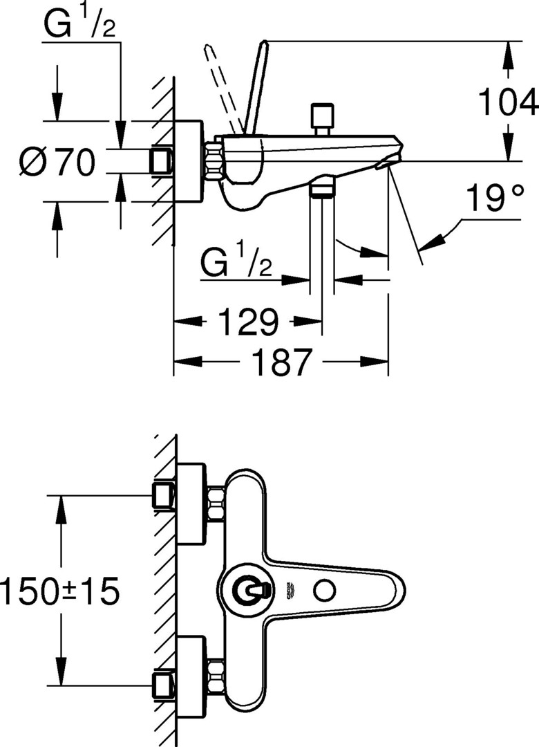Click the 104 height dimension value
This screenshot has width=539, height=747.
507,102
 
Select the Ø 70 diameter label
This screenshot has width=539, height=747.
57,162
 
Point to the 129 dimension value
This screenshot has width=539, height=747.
247,322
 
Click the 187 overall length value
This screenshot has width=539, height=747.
282,362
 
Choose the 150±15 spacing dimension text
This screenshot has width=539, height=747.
59,591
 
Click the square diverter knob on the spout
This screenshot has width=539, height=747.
321,115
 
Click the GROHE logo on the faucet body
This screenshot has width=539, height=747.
288,591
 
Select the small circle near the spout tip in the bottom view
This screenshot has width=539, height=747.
324,591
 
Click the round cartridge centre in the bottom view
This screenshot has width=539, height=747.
250,591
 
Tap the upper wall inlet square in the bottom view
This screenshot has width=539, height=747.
163,496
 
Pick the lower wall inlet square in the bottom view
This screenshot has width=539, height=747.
163,685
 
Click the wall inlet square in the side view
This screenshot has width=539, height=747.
162,161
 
